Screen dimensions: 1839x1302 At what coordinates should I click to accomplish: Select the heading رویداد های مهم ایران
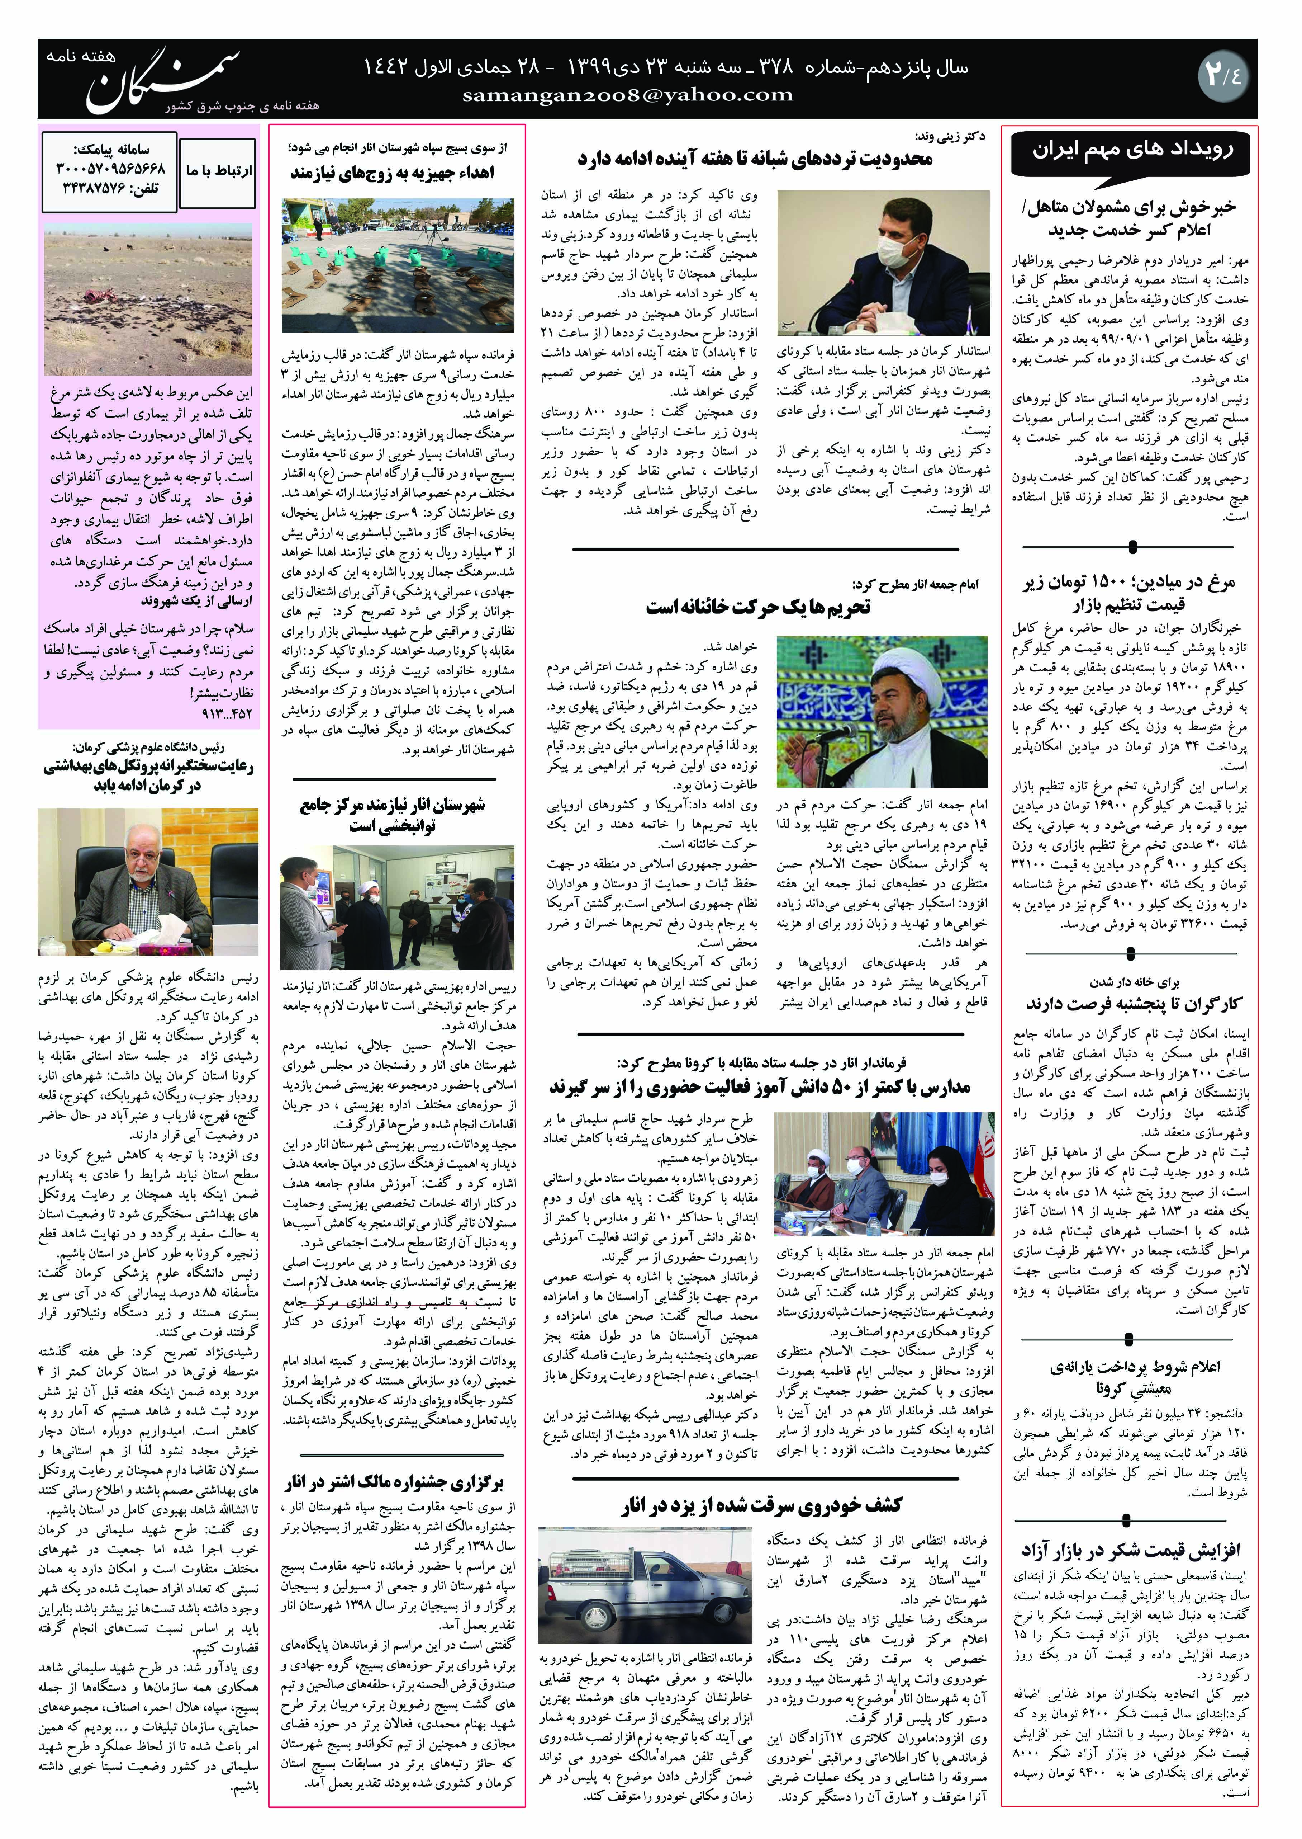tap(1131, 150)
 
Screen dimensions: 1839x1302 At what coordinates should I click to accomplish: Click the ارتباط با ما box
tap(218, 171)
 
